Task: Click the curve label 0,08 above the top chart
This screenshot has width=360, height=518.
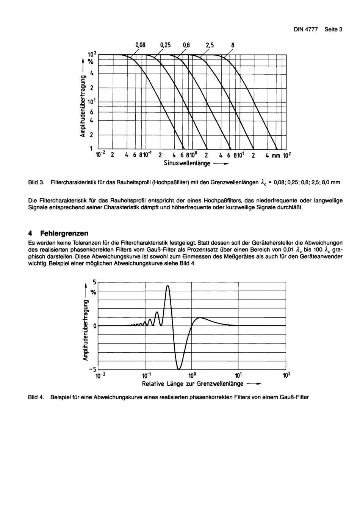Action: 140,45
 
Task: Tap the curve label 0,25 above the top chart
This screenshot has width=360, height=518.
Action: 165,45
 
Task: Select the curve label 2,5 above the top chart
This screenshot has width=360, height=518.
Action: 210,45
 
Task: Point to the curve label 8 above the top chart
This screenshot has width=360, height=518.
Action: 233,45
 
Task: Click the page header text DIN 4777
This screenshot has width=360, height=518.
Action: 306,29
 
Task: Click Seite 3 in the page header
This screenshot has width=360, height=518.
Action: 333,29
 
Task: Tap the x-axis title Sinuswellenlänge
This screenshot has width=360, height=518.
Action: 187,163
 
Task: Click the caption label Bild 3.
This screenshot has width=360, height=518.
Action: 36,182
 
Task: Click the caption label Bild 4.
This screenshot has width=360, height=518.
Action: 36,397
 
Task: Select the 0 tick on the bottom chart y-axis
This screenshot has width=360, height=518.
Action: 95,326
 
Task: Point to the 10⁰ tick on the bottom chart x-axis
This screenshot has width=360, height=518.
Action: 192,376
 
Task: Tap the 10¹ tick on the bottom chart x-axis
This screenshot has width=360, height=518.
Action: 238,376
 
